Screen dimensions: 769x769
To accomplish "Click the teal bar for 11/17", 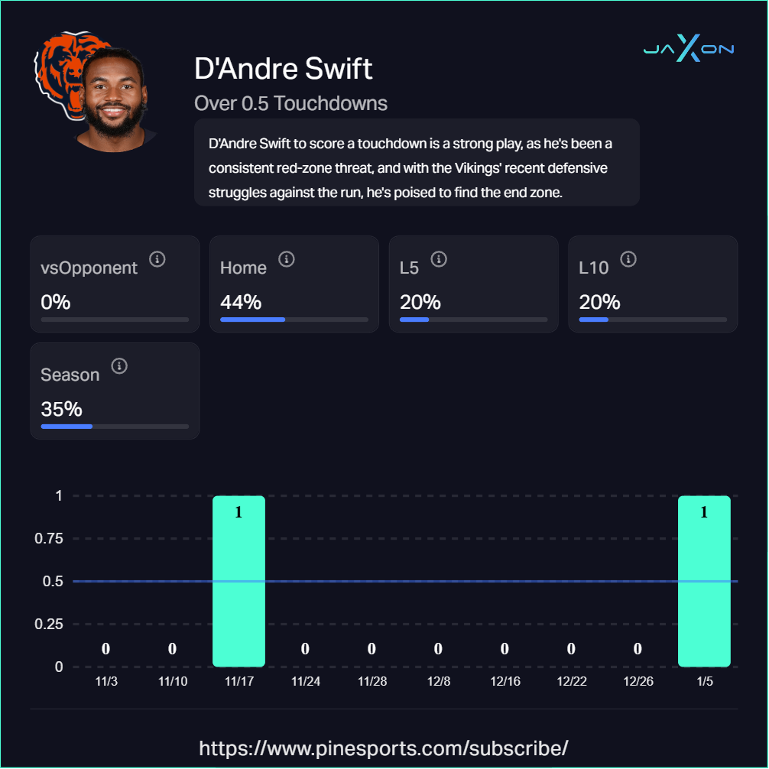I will (238, 581).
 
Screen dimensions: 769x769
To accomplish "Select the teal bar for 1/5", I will (704, 581).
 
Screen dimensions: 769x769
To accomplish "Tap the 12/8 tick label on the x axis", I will (439, 681).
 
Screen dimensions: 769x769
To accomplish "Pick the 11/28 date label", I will (372, 681).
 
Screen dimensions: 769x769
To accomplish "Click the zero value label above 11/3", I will (105, 649).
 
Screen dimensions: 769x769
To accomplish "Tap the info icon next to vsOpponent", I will (157, 259).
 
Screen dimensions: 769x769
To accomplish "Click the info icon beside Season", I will (119, 366).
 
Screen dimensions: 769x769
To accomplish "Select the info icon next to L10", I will (628, 259).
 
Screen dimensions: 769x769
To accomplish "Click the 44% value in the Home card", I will (240, 303).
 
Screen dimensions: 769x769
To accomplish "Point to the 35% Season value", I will (61, 409).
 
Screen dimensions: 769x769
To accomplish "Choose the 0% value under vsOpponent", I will (55, 303).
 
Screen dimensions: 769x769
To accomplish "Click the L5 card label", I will (409, 268).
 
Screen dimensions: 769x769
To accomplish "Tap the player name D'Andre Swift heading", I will (284, 69).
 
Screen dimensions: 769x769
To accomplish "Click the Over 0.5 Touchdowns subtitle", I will (290, 103).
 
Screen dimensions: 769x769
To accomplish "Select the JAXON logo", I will (688, 50).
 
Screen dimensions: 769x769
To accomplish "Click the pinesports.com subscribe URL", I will (384, 747).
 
